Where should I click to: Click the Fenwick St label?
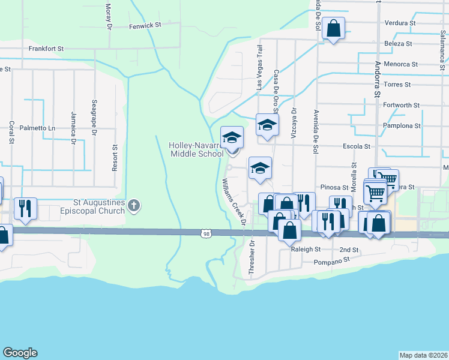145,26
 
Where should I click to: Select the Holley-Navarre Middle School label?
196,149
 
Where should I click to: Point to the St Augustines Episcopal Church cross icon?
134,206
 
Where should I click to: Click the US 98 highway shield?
206,233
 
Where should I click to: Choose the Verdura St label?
402,23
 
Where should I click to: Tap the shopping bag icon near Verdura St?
333,28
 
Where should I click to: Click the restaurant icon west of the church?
25,208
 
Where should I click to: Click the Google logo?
20,353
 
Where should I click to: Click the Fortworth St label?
401,105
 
